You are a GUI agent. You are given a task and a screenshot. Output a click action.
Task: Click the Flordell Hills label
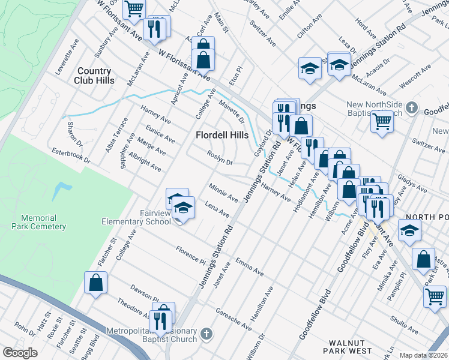[x=222, y=135]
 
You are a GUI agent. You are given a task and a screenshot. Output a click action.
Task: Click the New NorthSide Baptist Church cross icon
[x=411, y=108]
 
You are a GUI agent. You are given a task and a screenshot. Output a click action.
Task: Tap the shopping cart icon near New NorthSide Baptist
[x=382, y=122]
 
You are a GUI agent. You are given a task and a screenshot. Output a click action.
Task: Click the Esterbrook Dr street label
[x=71, y=156]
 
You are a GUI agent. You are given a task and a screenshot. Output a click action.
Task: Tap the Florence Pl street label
[x=190, y=254]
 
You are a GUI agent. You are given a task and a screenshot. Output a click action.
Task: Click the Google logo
[x=20, y=352]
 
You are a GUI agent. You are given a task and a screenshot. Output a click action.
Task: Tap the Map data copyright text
[x=424, y=355]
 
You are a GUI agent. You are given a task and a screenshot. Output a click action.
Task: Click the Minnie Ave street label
[x=223, y=193]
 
